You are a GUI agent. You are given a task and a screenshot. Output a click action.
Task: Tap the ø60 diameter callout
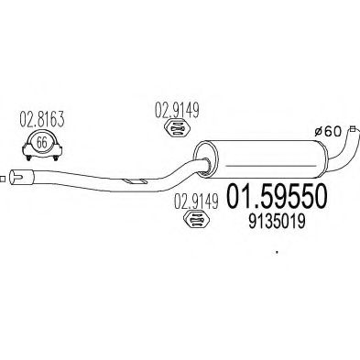click(x=331, y=131)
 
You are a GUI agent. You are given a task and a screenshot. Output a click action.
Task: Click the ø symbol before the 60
click(x=321, y=131)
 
